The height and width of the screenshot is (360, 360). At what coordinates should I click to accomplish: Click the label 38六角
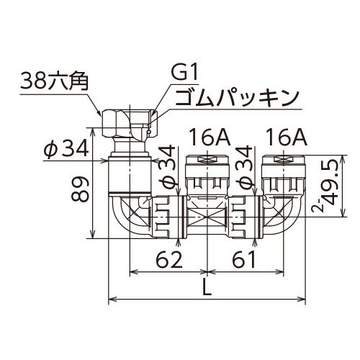54,81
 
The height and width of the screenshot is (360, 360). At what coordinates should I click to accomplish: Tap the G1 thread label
185,72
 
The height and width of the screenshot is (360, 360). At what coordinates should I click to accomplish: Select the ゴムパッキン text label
236,98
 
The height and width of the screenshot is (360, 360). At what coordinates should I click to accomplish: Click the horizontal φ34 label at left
66,149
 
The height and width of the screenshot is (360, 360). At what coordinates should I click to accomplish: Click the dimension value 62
169,260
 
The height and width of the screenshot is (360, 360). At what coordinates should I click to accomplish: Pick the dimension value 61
244,260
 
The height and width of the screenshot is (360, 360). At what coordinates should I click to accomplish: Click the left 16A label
210,137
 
